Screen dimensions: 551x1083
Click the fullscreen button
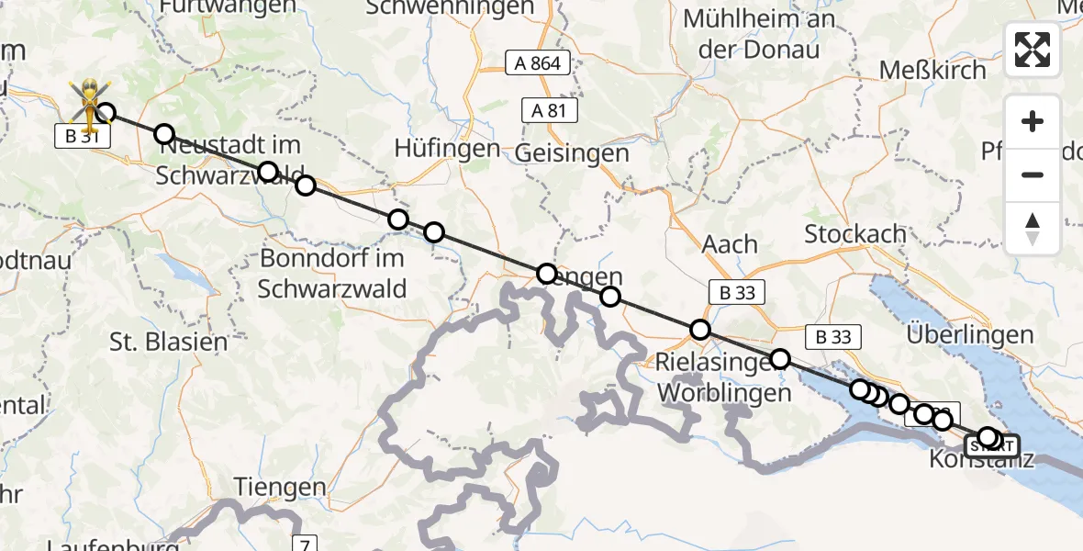[1033, 50]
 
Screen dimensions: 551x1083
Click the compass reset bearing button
[1033, 229]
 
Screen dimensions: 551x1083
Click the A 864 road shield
[538, 62]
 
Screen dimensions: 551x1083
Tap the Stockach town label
[855, 234]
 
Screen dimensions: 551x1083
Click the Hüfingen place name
[447, 148]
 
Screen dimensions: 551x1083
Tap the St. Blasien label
[168, 343]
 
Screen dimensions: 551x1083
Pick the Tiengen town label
[280, 487]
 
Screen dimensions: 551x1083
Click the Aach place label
[730, 244]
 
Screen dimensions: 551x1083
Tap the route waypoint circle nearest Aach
[700, 330]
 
